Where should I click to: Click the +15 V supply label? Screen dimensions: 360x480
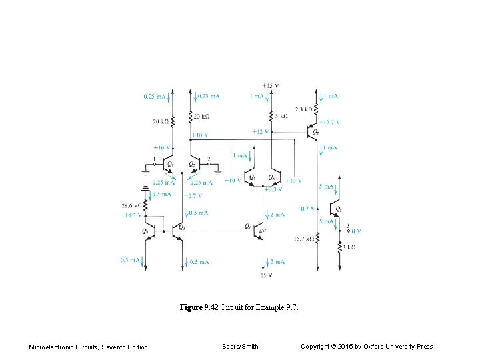coord(271,86)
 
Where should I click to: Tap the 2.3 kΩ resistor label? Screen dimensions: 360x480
coord(304,109)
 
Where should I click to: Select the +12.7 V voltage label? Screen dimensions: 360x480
coord(329,122)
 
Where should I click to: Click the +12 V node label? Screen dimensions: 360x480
coord(260,132)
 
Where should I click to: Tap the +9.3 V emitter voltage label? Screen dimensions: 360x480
coord(273,189)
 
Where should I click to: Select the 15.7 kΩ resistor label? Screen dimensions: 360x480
coord(303,239)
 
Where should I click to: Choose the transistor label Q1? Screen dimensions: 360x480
coord(171,164)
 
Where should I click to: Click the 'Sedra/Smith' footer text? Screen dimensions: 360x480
coord(240,346)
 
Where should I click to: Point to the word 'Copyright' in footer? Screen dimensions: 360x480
coord(316,346)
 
